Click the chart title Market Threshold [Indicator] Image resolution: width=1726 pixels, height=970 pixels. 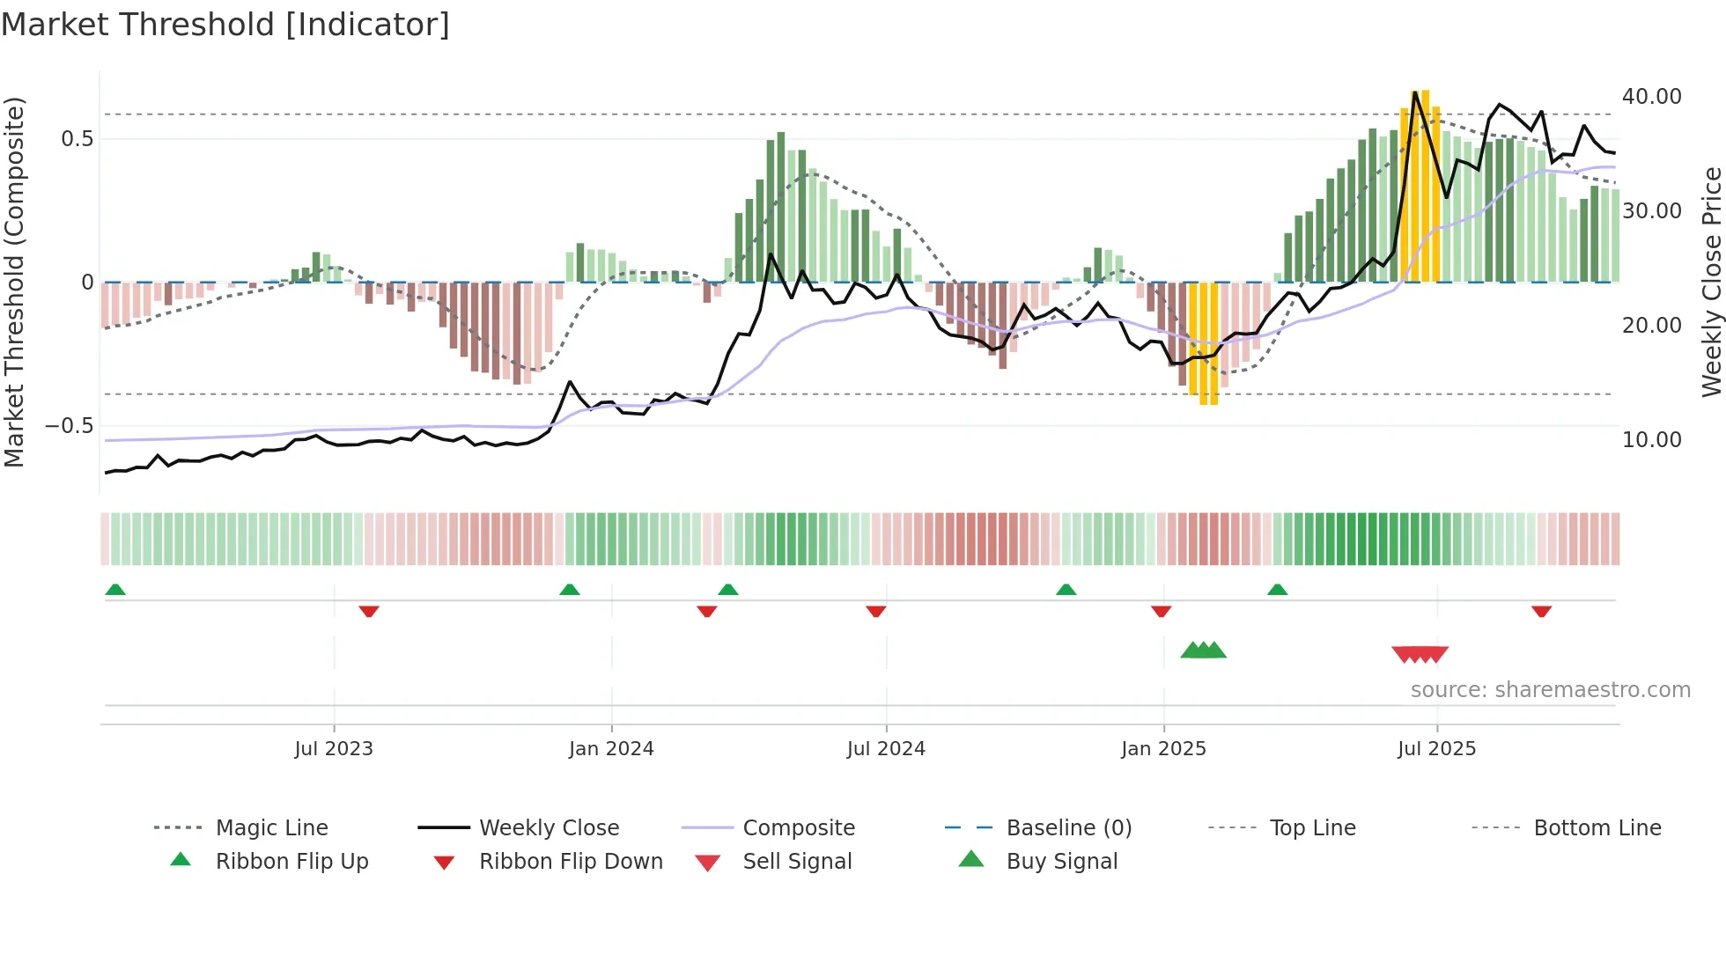coord(225,25)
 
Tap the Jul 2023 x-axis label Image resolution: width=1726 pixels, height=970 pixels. coord(334,749)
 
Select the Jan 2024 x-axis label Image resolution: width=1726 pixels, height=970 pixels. coord(611,749)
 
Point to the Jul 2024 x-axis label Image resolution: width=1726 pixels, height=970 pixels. coord(886,749)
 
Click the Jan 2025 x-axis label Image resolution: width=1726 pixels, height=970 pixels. coord(1163,749)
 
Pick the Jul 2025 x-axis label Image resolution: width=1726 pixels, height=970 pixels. coord(1436,749)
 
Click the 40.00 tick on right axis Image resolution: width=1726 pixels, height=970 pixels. coord(1651,97)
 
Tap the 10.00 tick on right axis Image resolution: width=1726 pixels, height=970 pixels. coord(1651,440)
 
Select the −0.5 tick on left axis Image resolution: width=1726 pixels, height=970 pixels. coord(70,426)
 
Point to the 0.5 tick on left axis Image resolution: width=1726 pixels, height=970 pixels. coord(77,139)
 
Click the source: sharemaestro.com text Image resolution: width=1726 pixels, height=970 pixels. coord(1550,690)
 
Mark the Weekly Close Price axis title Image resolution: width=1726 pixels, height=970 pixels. coord(1711,282)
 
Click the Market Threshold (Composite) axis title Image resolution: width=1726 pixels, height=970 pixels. coord(14,282)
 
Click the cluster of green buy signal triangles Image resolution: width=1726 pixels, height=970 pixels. coord(1203,650)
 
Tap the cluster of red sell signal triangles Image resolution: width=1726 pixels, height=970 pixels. coord(1420,654)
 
